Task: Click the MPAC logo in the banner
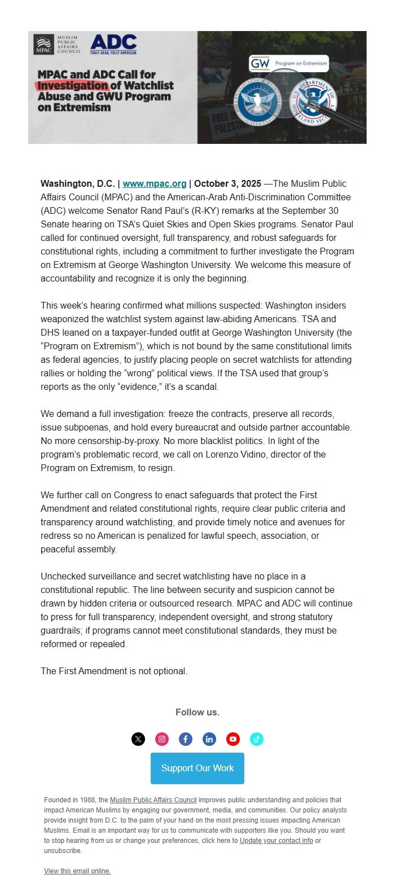pos(56,44)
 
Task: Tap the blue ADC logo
pos(113,44)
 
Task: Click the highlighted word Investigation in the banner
pos(72,86)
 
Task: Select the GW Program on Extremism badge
pos(288,63)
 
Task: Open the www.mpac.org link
pos(155,183)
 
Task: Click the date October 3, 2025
pos(227,183)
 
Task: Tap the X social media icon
pos(138,739)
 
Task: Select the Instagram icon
pos(162,739)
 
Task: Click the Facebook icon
pos(186,739)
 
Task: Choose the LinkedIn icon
pos(209,739)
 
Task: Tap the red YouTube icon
pos(233,739)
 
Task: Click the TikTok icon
pos(257,739)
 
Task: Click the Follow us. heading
pos(197,712)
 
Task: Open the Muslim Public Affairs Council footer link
pos(153,800)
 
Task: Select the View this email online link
pos(77,871)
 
